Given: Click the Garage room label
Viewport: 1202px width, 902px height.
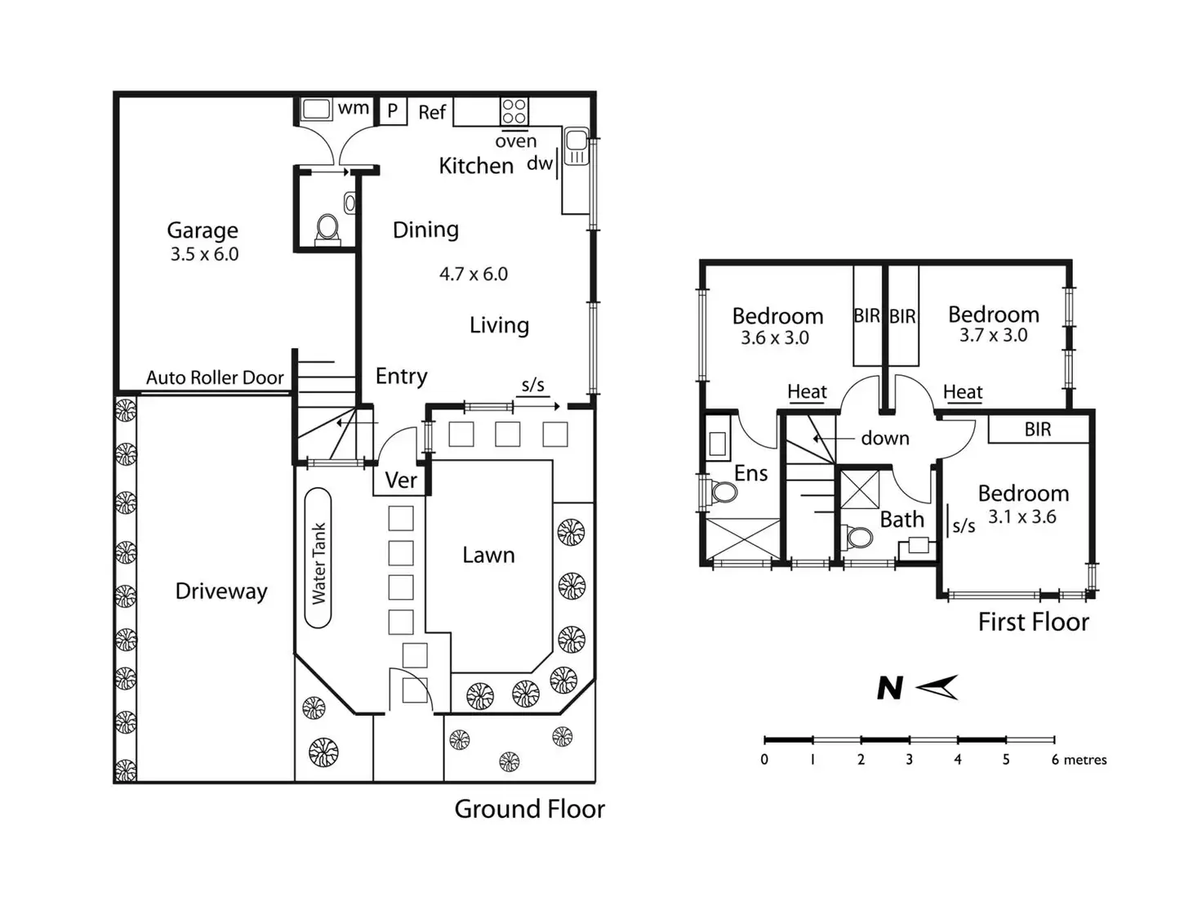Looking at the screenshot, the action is pyautogui.click(x=203, y=230).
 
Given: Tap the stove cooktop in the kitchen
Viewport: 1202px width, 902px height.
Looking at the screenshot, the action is pyautogui.click(x=514, y=112).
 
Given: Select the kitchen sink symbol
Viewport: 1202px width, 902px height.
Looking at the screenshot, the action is pyautogui.click(x=576, y=145).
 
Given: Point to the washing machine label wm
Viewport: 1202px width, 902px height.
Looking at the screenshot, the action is pyautogui.click(x=354, y=108).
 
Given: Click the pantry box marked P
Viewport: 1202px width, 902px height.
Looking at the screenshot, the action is pyautogui.click(x=393, y=111).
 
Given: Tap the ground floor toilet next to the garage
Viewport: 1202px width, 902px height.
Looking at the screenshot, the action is pyautogui.click(x=327, y=230).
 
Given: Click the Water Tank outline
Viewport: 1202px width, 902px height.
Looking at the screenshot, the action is pyautogui.click(x=318, y=558).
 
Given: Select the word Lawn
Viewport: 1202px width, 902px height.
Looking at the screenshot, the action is pyautogui.click(x=488, y=556).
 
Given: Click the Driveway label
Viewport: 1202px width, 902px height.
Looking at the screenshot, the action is pyautogui.click(x=221, y=592).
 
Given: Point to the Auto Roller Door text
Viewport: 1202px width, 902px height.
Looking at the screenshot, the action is pyautogui.click(x=216, y=377).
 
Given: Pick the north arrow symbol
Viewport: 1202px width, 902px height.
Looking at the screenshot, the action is pyautogui.click(x=937, y=687).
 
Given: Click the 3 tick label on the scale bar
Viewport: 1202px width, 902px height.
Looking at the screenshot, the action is pyautogui.click(x=909, y=760).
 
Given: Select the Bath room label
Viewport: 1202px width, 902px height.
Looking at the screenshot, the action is pyautogui.click(x=902, y=519).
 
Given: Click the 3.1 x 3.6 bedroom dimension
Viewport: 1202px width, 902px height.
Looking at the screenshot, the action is pyautogui.click(x=1022, y=516).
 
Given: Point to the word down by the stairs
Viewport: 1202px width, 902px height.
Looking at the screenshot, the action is pyautogui.click(x=885, y=438).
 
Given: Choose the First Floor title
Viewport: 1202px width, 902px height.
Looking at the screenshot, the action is pyautogui.click(x=1033, y=622).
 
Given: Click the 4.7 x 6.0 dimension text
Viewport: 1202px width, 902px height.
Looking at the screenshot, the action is pyautogui.click(x=474, y=274).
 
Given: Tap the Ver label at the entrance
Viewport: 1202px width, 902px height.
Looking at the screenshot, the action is pyautogui.click(x=401, y=480).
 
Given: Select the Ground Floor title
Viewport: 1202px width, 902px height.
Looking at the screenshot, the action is pyautogui.click(x=529, y=810).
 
